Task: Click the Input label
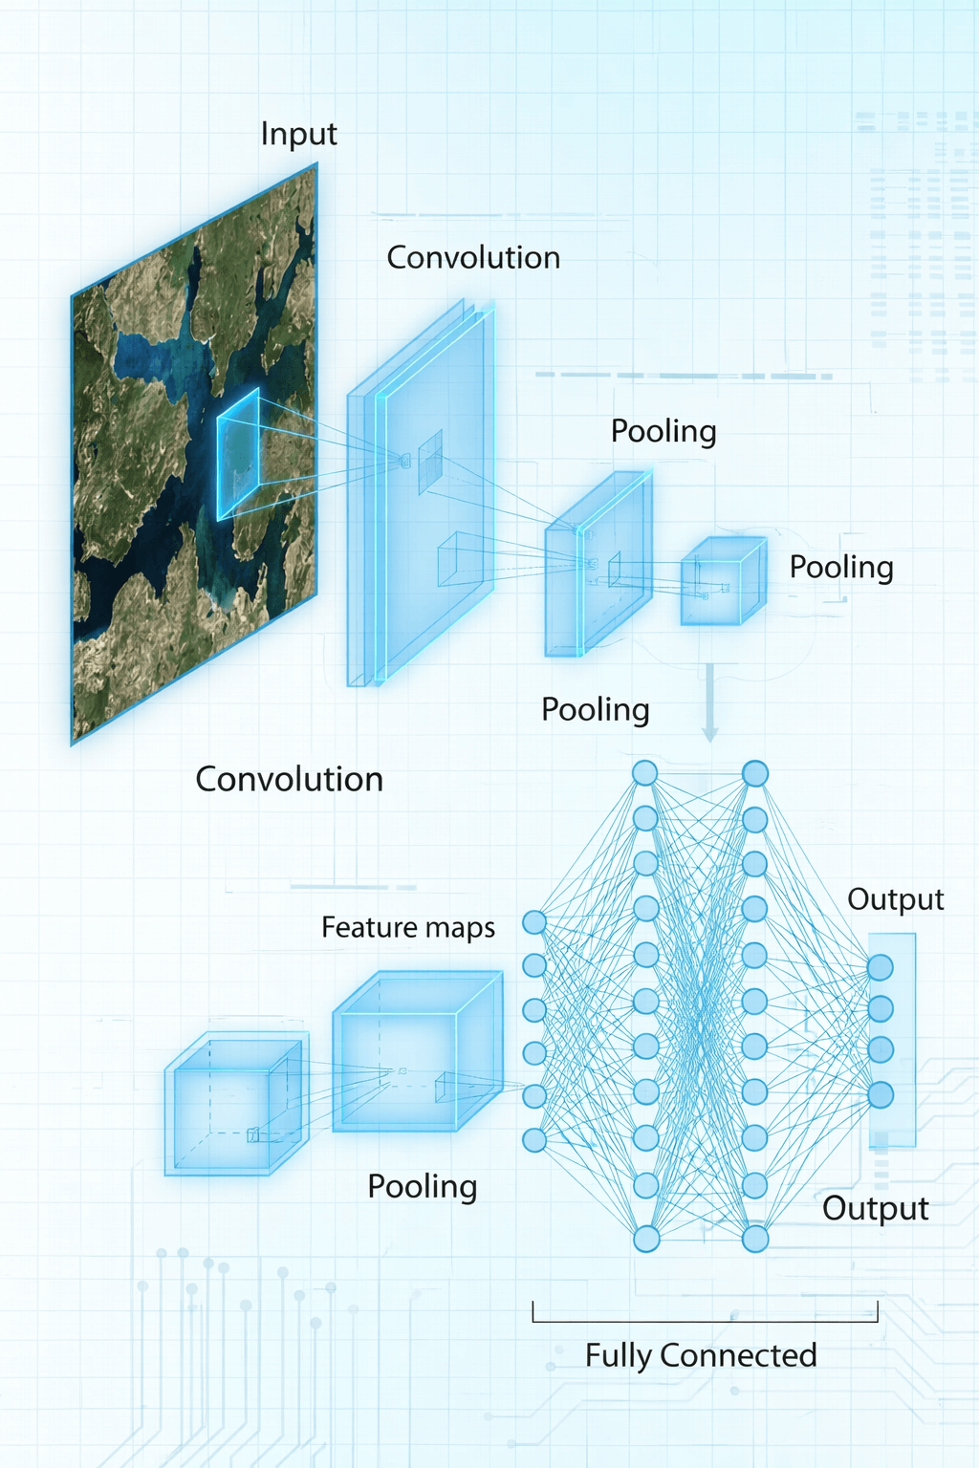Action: click(298, 135)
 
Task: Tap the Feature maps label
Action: click(407, 928)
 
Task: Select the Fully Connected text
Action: click(701, 1355)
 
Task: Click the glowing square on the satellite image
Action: click(238, 454)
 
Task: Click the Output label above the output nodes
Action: click(895, 899)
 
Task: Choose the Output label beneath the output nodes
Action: click(875, 1209)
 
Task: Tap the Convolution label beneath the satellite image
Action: click(289, 780)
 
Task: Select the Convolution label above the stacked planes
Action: click(473, 258)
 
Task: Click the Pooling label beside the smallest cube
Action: click(840, 568)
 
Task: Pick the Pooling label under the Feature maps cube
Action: click(422, 1187)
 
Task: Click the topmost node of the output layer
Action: click(880, 967)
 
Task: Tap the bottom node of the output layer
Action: click(880, 1094)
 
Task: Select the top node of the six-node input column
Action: click(534, 922)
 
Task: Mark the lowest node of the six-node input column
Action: click(534, 1139)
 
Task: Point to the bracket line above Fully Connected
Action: click(705, 1321)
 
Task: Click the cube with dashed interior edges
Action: click(235, 1106)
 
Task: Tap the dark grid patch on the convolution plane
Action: click(430, 463)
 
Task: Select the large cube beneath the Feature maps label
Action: click(416, 1052)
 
